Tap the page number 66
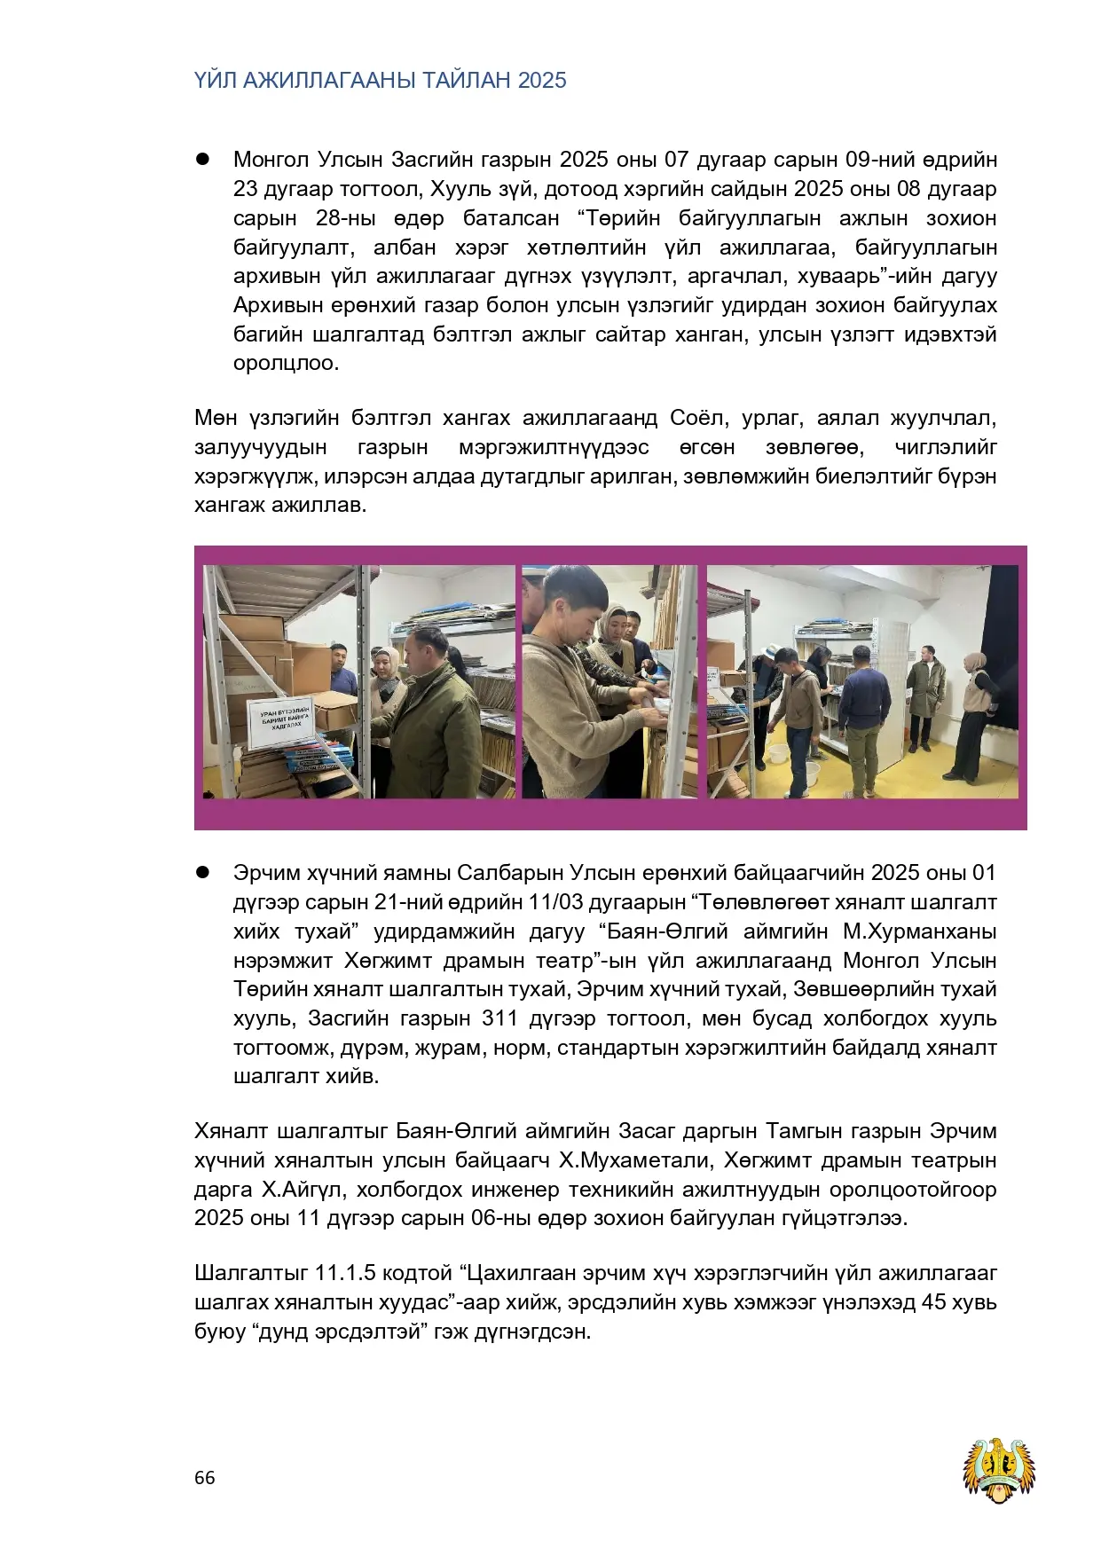(x=204, y=1477)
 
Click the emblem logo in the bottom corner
(x=1000, y=1470)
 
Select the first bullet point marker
(x=201, y=160)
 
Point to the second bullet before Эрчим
(x=201, y=873)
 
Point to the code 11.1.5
(x=345, y=1274)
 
